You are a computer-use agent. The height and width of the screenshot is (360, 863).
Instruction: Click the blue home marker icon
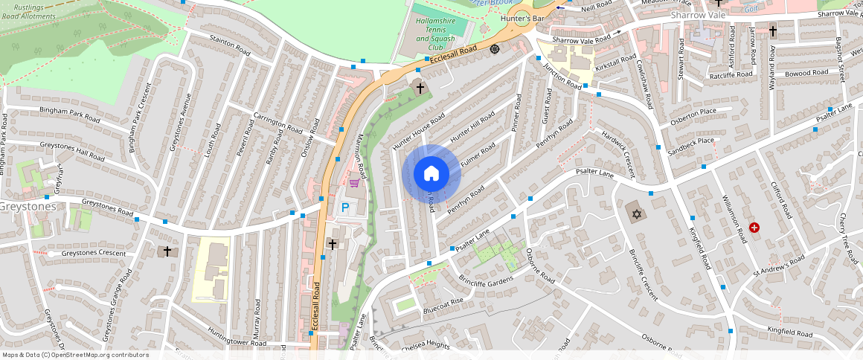[431, 174]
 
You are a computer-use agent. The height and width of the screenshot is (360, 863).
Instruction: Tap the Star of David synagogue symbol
[635, 215]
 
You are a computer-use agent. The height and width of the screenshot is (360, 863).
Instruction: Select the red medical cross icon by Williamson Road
[755, 227]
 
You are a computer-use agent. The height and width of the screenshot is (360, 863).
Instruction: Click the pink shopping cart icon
[355, 182]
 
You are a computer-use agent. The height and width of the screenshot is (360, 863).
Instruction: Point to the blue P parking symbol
[344, 209]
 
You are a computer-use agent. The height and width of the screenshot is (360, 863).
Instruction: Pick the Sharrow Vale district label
[697, 15]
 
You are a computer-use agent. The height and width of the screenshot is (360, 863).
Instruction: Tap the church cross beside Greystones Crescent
[167, 251]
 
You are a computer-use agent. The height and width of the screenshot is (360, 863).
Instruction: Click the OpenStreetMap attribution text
[74, 355]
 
